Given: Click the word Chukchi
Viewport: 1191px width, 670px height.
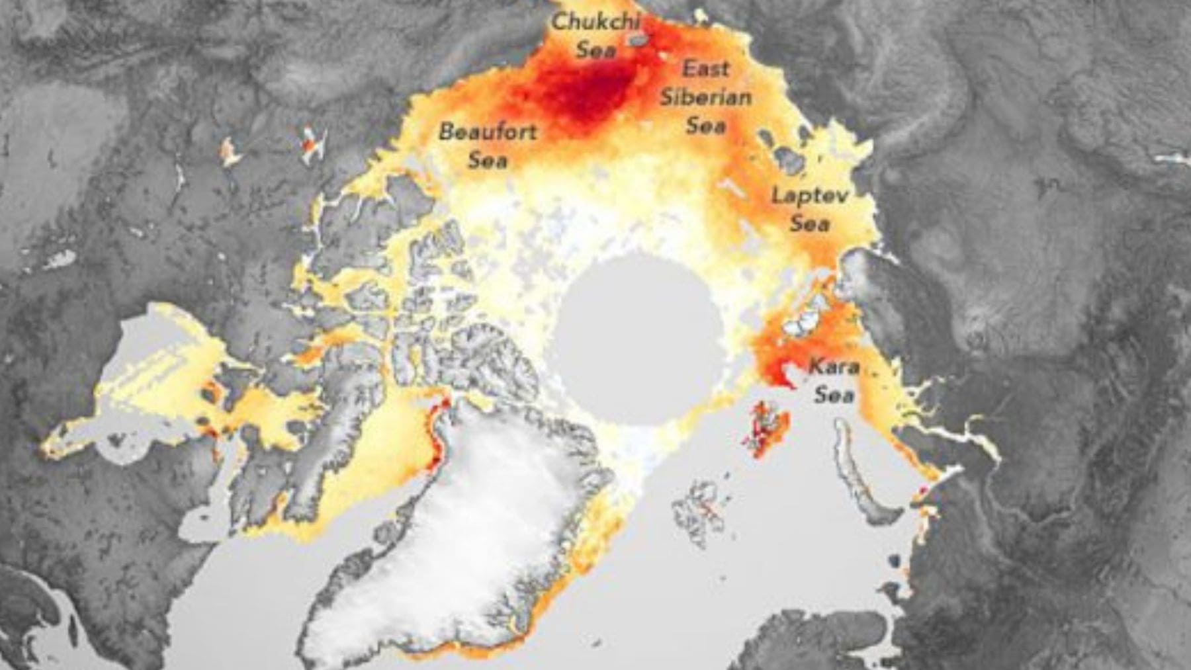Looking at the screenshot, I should tap(595, 22).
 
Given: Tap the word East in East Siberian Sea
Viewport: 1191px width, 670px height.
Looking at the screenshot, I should tap(706, 69).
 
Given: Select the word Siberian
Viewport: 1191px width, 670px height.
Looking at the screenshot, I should tap(705, 97).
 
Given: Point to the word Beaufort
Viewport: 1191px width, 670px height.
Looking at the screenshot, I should tap(488, 132).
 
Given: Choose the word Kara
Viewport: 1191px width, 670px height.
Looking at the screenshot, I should tap(834, 366).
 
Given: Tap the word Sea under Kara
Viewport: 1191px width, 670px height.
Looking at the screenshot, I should tap(834, 395).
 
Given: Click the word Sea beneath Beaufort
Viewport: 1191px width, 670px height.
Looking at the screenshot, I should tap(488, 160).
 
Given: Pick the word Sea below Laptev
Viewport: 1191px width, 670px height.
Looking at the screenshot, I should tap(809, 224).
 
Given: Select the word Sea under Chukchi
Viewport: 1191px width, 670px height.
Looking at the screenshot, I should tap(596, 50).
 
